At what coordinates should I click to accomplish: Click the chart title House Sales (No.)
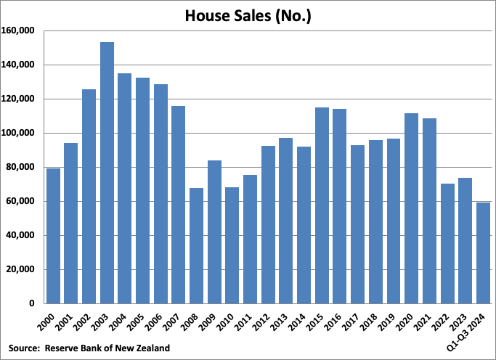pyautogui.click(x=248, y=15)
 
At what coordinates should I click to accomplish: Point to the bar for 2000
pyautogui.click(x=53, y=236)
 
